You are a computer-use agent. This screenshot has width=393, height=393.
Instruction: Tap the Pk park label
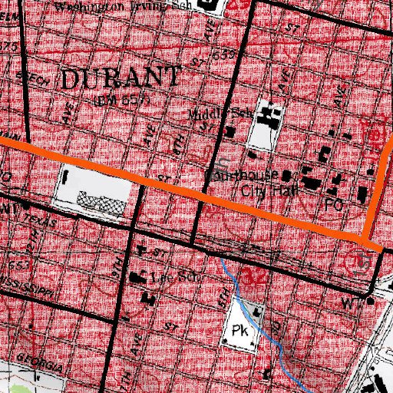tap(236, 332)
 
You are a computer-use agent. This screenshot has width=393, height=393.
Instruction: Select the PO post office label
tap(333, 206)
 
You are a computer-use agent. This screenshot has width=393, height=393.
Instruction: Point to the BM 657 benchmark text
tap(121, 100)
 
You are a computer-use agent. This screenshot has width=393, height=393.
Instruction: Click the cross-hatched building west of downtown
tap(100, 202)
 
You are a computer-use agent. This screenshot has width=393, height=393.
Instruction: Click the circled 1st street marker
tap(362, 261)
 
